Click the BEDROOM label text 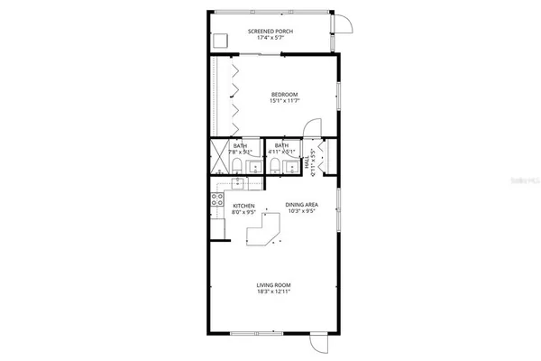(x=284, y=94)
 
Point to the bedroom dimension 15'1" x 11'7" (x=284, y=101)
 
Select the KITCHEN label (x=243, y=206)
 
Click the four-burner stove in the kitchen (x=217, y=200)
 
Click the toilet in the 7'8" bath (x=251, y=166)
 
